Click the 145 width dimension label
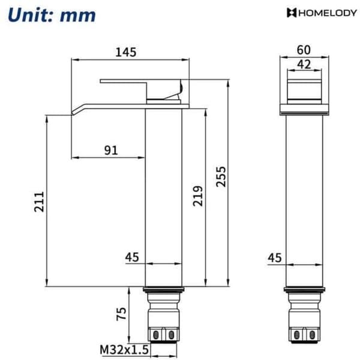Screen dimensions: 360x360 126,52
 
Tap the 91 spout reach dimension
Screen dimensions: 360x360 111,151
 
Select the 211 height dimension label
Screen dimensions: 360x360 39,202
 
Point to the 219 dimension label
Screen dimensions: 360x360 197,196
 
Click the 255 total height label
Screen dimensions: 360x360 221,176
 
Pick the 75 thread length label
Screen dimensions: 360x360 121,314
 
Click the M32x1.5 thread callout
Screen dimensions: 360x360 124,350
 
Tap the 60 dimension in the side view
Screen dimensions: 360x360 304,50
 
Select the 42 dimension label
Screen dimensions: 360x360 304,64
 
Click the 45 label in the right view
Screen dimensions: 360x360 275,257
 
